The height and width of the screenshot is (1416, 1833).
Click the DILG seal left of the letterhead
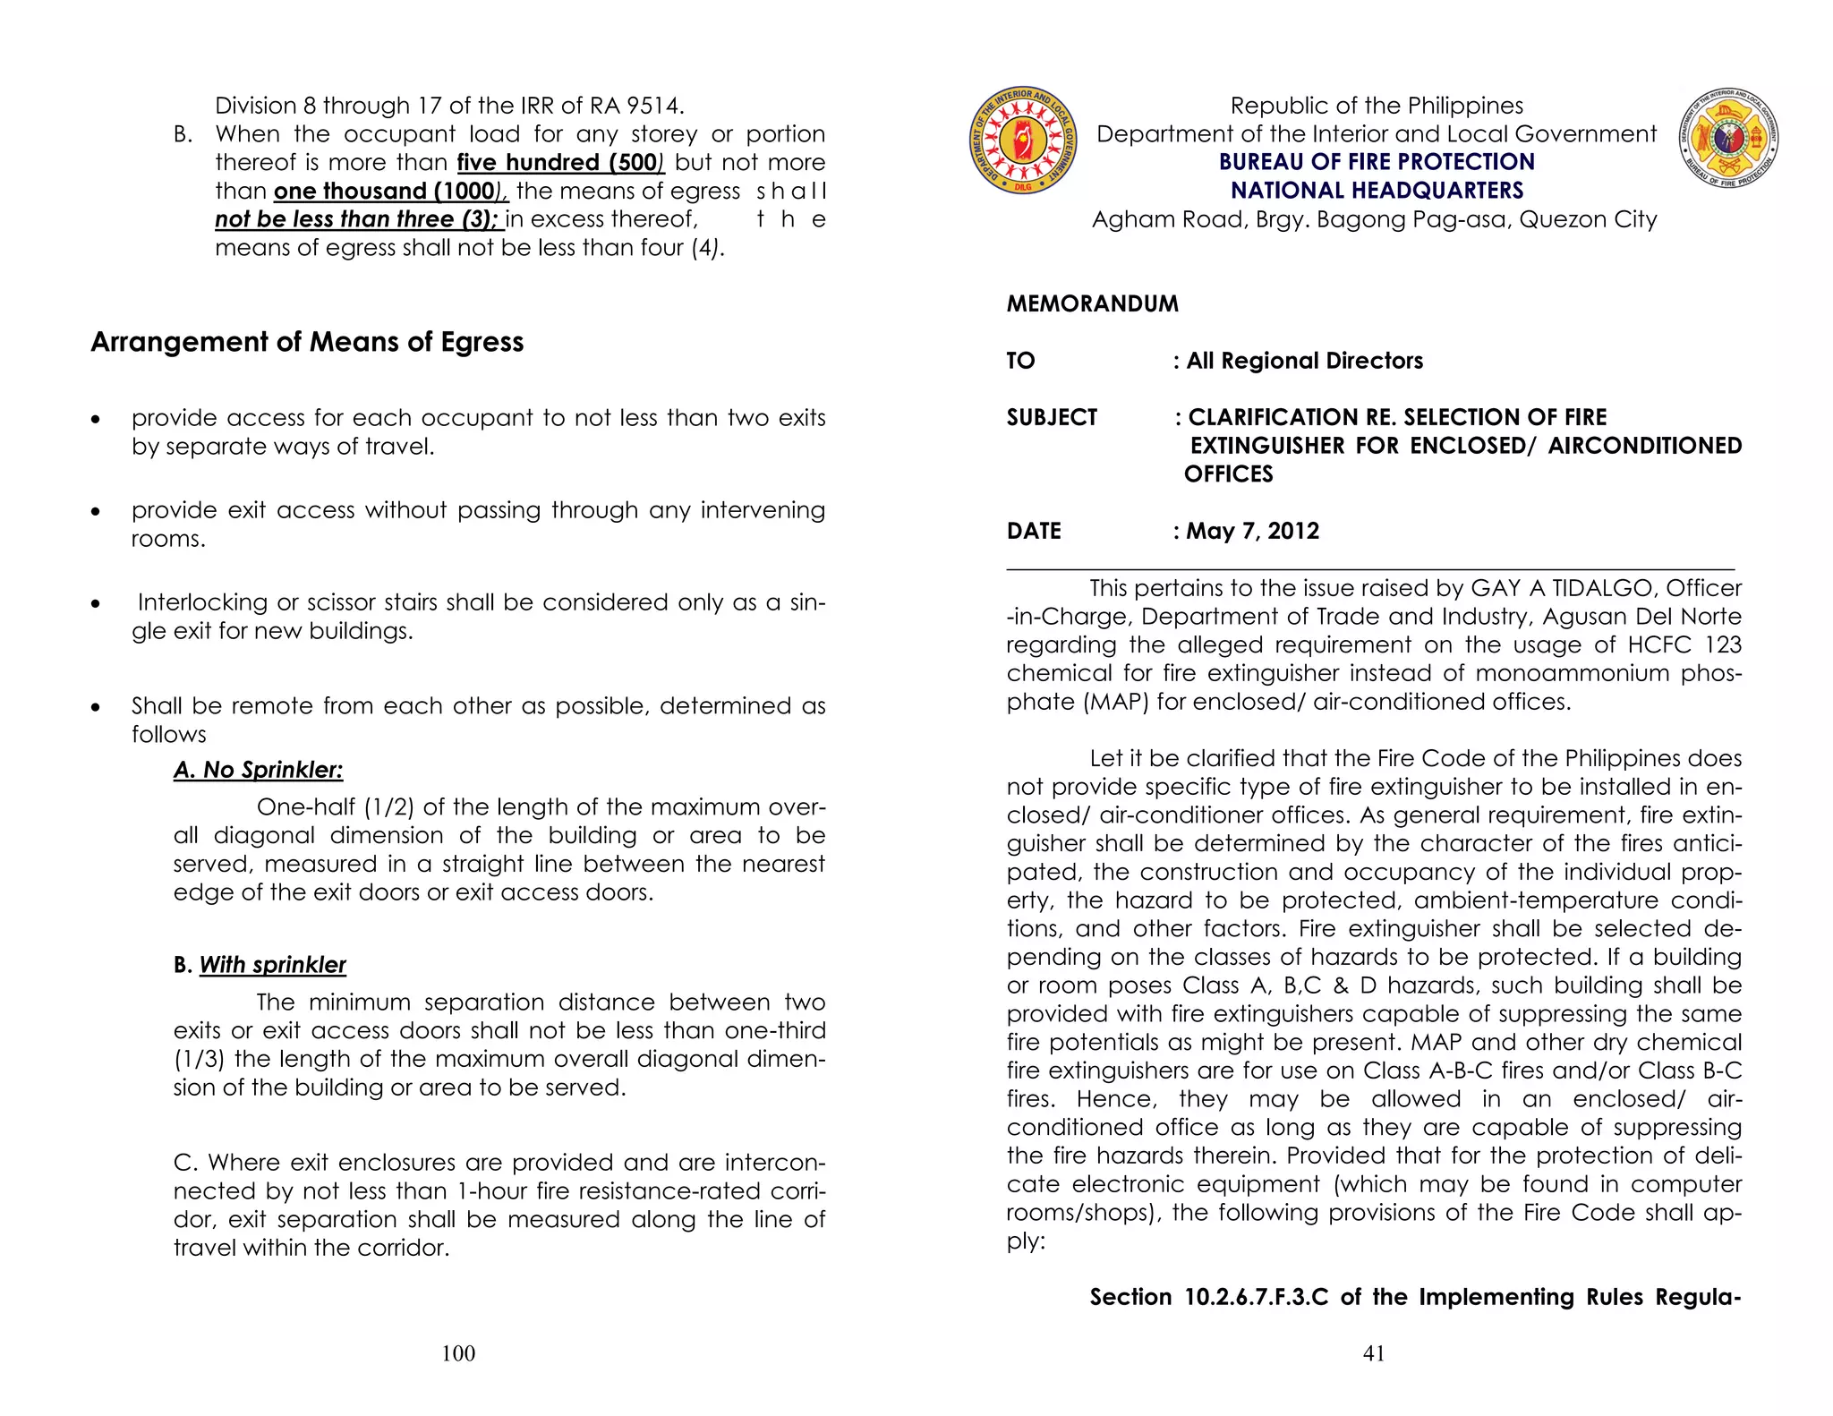point(1023,141)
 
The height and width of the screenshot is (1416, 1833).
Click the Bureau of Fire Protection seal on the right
point(1727,139)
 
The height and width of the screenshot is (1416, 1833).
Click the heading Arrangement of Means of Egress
point(307,342)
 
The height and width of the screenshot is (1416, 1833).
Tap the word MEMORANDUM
point(1092,303)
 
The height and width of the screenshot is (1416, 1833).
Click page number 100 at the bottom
point(458,1353)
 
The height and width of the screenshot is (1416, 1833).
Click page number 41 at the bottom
point(1374,1353)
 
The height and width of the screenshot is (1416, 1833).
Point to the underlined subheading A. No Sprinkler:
point(258,770)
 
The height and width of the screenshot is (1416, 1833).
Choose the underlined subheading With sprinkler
point(272,965)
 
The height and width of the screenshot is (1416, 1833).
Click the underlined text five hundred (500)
point(560,163)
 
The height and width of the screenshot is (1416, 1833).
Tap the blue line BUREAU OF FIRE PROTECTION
point(1377,162)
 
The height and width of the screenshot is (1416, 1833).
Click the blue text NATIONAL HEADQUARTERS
point(1377,191)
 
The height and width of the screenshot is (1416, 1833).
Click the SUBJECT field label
point(1052,417)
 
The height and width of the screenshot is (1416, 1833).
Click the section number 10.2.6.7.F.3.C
point(1257,1297)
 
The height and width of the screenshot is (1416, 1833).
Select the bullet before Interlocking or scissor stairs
point(96,604)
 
